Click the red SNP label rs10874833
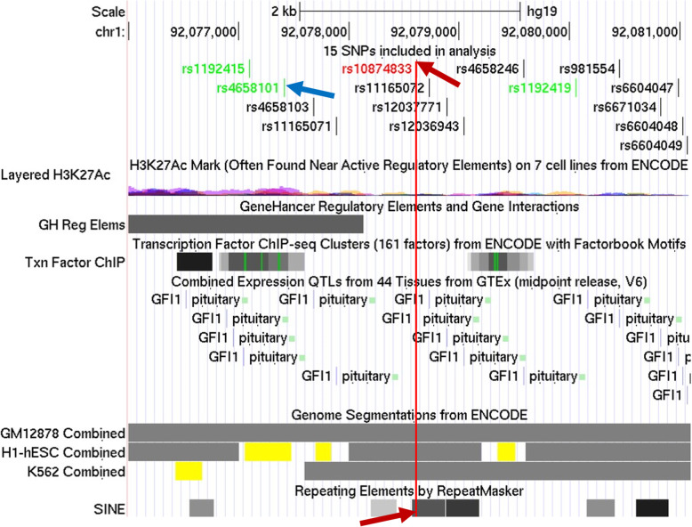(x=377, y=69)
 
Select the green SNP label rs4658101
(x=248, y=88)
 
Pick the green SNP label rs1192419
(x=541, y=88)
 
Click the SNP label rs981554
(x=587, y=69)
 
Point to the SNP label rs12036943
(x=423, y=126)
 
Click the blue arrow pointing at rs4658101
(x=310, y=89)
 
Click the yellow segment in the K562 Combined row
(x=189, y=471)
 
